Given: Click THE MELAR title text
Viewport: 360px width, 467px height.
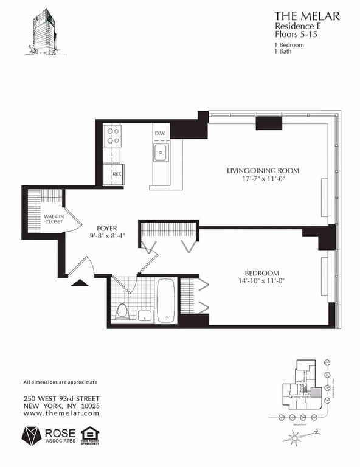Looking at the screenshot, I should (x=306, y=16).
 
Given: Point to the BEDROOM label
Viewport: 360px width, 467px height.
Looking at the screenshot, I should (x=262, y=273).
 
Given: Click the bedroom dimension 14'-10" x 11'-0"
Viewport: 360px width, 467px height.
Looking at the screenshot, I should (x=261, y=281).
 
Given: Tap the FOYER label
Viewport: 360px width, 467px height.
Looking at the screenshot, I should (x=106, y=229).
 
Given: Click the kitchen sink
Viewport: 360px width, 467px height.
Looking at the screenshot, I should (x=161, y=152).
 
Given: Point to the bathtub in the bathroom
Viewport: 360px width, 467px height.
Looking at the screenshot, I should (x=166, y=300).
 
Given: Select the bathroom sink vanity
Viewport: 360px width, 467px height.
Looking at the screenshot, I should (x=144, y=315).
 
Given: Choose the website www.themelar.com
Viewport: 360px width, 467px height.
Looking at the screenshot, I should (x=61, y=413).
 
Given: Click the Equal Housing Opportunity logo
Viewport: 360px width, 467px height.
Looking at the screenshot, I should (x=90, y=435).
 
